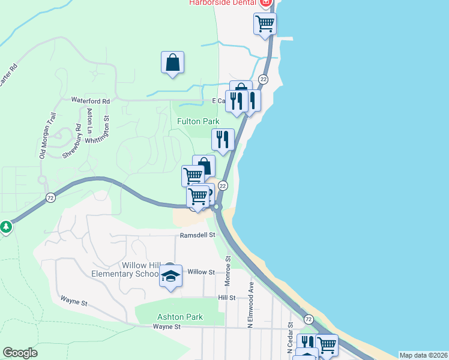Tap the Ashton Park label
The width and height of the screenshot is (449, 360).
pyautogui.click(x=180, y=317)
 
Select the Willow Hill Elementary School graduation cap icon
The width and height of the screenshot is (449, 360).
pyautogui.click(x=170, y=277)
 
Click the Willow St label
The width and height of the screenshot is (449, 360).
pyautogui.click(x=201, y=272)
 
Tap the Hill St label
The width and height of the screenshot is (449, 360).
pyautogui.click(x=226, y=298)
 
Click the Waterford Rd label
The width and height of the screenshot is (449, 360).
pyautogui.click(x=91, y=101)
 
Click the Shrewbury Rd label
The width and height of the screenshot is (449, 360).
pyautogui.click(x=71, y=142)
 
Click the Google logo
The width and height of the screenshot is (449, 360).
pyautogui.click(x=20, y=353)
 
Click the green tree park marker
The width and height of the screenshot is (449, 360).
pyautogui.click(x=5, y=227)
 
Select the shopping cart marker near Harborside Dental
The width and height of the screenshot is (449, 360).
pyautogui.click(x=265, y=24)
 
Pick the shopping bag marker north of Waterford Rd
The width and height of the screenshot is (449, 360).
pyautogui.click(x=172, y=62)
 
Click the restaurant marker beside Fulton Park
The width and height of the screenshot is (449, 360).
pyautogui.click(x=223, y=139)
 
